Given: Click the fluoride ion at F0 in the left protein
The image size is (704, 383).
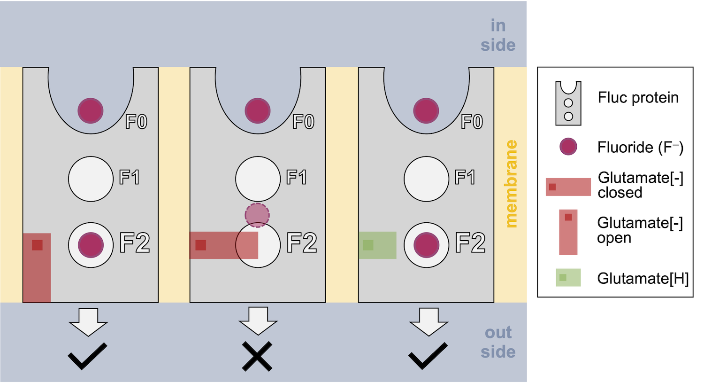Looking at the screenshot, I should click(90, 110).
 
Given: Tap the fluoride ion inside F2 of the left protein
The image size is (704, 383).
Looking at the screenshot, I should click(91, 245).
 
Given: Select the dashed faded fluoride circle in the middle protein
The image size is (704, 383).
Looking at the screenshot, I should click(257, 215).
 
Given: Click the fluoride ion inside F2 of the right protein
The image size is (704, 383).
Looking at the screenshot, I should click(426, 245).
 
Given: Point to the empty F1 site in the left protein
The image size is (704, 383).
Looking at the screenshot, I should click(91, 179).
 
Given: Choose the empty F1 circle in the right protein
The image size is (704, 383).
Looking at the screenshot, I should click(426, 179).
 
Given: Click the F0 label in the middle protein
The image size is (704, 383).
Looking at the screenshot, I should click(303, 122).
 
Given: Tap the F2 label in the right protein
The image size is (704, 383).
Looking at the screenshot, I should click(470, 242).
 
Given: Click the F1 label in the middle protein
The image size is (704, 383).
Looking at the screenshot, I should click(296, 178).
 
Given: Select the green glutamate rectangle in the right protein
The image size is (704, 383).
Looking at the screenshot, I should click(377, 245).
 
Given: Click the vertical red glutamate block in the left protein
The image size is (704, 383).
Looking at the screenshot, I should click(37, 268).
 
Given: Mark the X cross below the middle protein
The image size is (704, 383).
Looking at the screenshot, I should click(257, 357).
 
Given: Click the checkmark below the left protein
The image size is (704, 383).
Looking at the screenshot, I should click(87, 356).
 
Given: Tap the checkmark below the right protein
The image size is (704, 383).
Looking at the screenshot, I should click(428, 356).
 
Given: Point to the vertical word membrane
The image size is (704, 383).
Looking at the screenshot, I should click(511, 183).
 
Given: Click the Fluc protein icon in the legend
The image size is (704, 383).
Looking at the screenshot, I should click(568, 103).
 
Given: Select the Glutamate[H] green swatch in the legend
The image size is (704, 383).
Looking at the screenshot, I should click(568, 277).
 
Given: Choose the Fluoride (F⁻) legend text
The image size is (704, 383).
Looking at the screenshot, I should click(640, 147).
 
